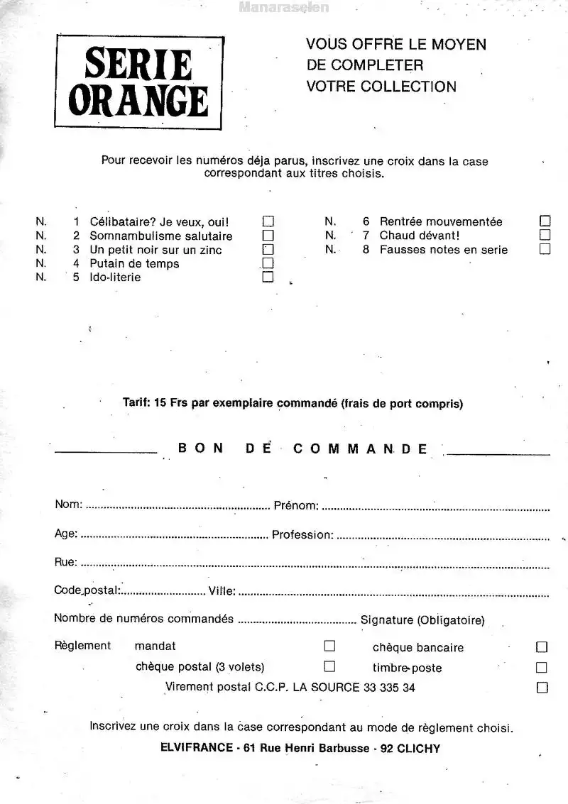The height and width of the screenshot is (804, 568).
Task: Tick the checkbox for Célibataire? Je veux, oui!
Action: pyautogui.click(x=268, y=221)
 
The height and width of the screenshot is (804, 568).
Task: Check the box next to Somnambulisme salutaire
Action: pyautogui.click(x=268, y=236)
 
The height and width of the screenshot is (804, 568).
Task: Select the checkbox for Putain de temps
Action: pyautogui.click(x=268, y=263)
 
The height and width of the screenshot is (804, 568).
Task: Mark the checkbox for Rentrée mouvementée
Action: pyautogui.click(x=545, y=221)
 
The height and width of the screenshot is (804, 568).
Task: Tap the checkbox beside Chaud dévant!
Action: pyautogui.click(x=545, y=235)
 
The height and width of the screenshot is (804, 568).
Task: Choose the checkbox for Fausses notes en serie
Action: pyautogui.click(x=545, y=249)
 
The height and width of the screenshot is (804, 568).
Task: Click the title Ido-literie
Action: pyautogui.click(x=115, y=277)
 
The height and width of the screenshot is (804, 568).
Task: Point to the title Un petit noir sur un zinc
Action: pyautogui.click(x=155, y=250)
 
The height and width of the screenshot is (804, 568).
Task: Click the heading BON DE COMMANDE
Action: pyautogui.click(x=303, y=448)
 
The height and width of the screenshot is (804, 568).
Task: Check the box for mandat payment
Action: pyautogui.click(x=329, y=646)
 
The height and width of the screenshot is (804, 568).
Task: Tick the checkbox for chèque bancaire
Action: pyautogui.click(x=542, y=647)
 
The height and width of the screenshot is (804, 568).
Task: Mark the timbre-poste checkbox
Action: pyautogui.click(x=542, y=668)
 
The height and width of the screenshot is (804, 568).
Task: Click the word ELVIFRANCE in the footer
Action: pyautogui.click(x=197, y=748)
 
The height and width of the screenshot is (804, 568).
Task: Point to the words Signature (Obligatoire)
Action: pyautogui.click(x=422, y=620)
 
